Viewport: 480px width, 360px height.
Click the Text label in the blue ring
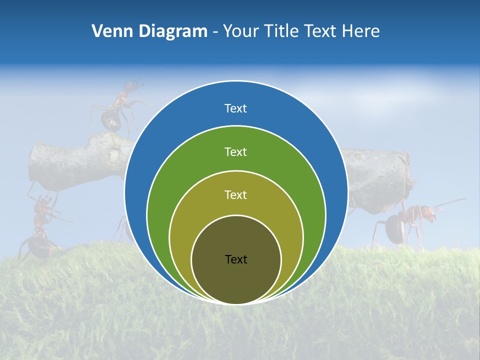[235, 108]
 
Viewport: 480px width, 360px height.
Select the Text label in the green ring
[235, 151]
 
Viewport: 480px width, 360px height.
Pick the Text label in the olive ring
[235, 194]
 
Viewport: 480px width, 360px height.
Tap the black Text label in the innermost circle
[235, 259]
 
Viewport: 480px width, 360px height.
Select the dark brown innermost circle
[236, 280]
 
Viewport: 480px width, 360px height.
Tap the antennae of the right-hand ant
[450, 203]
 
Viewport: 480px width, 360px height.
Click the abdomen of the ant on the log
[109, 120]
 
